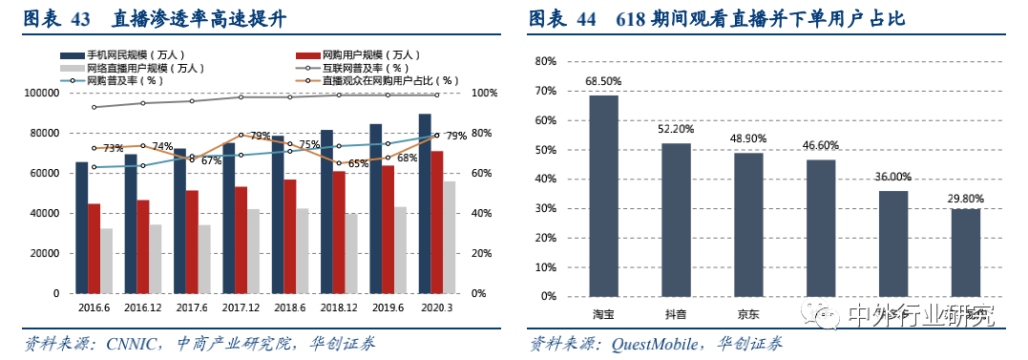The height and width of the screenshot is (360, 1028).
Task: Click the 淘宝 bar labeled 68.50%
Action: pyautogui.click(x=603, y=196)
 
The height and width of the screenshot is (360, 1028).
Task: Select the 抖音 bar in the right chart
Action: pyautogui.click(x=676, y=220)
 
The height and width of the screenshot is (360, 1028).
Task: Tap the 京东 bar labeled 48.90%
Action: pyautogui.click(x=748, y=224)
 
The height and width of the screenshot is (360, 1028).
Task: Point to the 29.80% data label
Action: pyautogui.click(x=965, y=199)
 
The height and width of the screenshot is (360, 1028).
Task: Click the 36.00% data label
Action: pyautogui.click(x=892, y=177)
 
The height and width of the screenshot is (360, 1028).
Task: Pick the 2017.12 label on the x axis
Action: pyautogui.click(x=241, y=307)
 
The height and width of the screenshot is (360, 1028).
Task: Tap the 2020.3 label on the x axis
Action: pyautogui.click(x=438, y=307)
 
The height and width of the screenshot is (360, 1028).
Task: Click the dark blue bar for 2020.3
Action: pyautogui.click(x=424, y=203)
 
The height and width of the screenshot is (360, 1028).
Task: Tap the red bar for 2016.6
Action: pyautogui.click(x=94, y=248)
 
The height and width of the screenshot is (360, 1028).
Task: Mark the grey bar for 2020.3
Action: pyautogui.click(x=450, y=237)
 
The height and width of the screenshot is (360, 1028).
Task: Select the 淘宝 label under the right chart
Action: pyautogui.click(x=603, y=314)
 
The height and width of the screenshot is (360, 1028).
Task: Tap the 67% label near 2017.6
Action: pyautogui.click(x=211, y=160)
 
